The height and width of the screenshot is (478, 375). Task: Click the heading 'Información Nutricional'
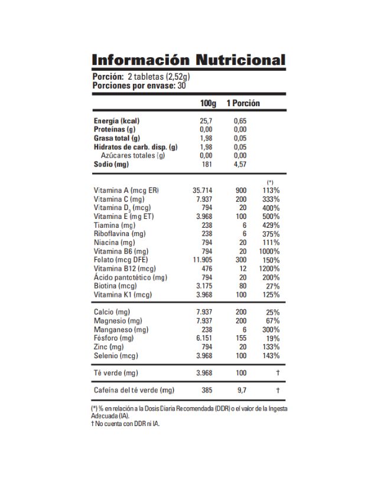188,60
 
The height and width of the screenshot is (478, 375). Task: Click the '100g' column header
208,103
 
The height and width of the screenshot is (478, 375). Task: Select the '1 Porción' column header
243,103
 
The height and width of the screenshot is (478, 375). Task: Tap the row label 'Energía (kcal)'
116,121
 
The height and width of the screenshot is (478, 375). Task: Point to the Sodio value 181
206,165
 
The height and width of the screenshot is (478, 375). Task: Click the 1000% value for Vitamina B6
270,251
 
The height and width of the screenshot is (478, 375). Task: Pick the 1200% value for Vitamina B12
270,269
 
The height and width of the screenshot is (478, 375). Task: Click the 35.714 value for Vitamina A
202,191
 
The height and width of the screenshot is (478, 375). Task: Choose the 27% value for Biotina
273,286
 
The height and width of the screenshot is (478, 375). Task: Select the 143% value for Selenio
272,356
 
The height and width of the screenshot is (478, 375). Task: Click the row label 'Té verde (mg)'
115,373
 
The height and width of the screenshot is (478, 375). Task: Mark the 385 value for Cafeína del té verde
206,391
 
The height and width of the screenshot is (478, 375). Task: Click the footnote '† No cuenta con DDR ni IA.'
125,423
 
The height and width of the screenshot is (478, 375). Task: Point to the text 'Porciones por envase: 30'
139,86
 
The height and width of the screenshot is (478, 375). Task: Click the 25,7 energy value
206,121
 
